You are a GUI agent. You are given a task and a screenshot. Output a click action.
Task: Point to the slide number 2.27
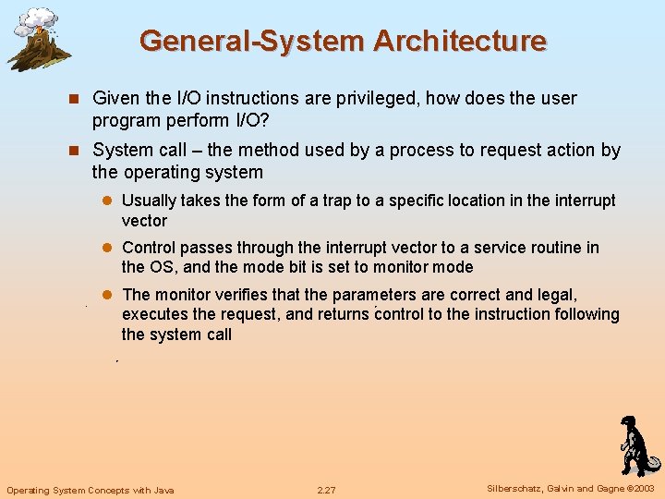[x=326, y=490]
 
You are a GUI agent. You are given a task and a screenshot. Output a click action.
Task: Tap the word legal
[x=555, y=295]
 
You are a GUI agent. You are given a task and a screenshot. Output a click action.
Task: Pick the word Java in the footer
[x=161, y=490]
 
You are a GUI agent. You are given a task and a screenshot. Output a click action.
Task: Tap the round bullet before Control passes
[x=106, y=248]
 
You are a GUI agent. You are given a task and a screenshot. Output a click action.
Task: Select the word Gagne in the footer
[x=610, y=489]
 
